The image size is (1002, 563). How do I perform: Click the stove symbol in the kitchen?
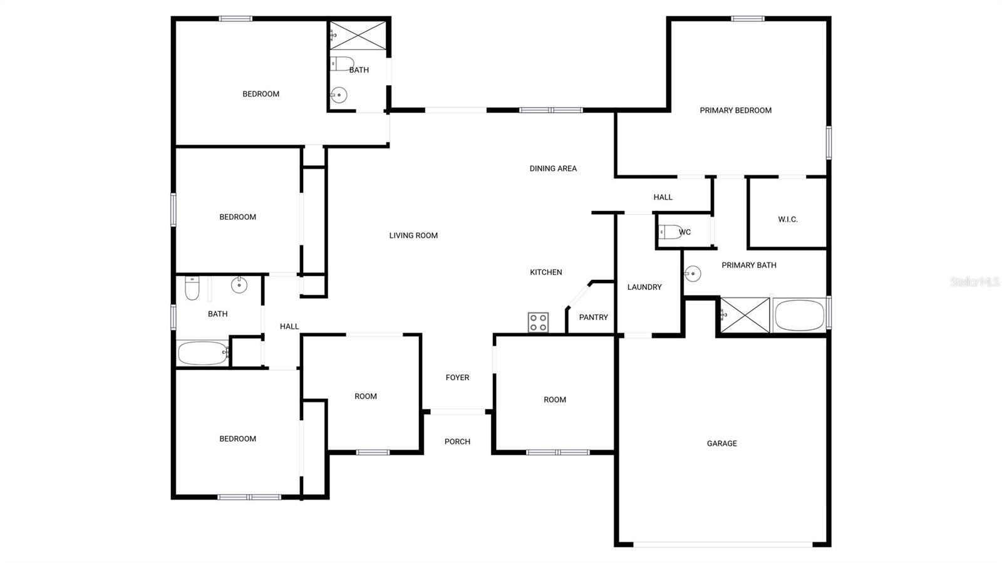538,323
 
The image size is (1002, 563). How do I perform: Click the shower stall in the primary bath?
745,315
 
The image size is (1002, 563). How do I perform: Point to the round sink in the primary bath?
692,274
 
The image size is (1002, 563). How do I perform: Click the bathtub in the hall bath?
202,353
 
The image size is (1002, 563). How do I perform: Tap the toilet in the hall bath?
192,289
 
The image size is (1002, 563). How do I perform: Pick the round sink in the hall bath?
239,285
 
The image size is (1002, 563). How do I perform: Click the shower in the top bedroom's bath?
359,35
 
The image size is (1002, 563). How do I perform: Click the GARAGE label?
721,443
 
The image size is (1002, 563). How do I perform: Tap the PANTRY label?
593,318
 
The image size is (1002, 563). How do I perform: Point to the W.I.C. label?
788,220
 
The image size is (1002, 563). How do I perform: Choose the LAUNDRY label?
644,287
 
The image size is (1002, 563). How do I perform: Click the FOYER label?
457,378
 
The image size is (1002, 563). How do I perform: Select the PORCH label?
457,442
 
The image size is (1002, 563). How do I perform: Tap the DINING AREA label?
553,168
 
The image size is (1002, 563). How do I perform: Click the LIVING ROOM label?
413,235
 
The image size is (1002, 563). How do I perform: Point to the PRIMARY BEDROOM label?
735,110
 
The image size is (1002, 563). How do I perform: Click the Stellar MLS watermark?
974,282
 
